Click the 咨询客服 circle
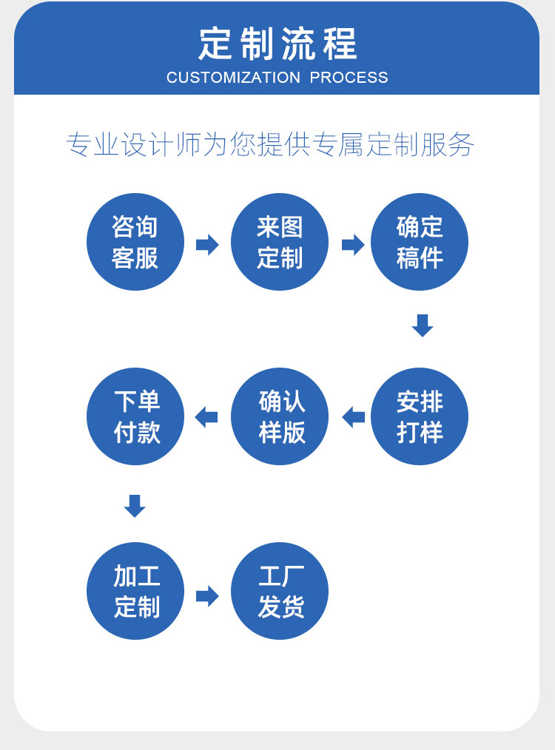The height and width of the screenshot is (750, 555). point(135,242)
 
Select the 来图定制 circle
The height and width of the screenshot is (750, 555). point(280,242)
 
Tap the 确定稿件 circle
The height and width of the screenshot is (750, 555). point(420,242)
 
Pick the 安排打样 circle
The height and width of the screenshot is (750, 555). point(420,416)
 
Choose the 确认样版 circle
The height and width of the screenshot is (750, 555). point(280,416)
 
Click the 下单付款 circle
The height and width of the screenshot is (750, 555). point(135,416)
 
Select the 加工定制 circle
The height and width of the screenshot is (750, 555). point(135,591)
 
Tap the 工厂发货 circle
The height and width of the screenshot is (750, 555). point(280,591)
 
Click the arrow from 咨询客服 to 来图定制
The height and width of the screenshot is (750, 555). point(207,244)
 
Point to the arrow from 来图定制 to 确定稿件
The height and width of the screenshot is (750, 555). point(353,244)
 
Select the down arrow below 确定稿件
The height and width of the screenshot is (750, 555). point(422,325)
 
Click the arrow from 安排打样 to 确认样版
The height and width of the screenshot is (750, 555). point(353,417)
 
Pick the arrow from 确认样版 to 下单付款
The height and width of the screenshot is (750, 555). point(206,417)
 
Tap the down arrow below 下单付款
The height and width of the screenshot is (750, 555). point(135,506)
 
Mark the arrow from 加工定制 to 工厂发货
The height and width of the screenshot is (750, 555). point(207,595)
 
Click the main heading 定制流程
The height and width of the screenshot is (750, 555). point(277,44)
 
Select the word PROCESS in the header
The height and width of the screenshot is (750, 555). point(349,78)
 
